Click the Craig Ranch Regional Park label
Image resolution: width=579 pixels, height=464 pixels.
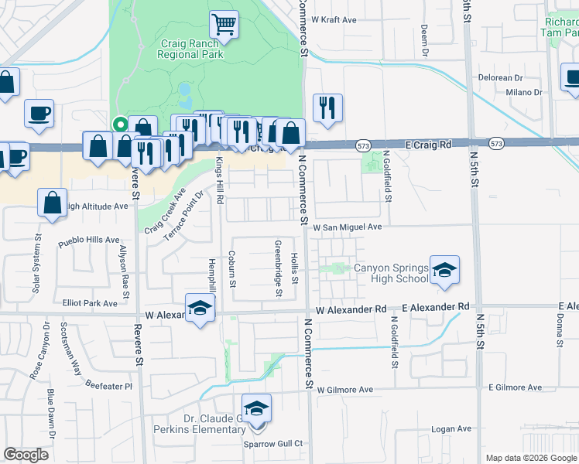(x=190, y=49)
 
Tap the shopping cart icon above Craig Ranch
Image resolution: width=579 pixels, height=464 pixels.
(x=224, y=24)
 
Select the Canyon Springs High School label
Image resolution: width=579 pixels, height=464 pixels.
(x=390, y=274)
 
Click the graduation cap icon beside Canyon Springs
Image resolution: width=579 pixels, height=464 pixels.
(x=444, y=271)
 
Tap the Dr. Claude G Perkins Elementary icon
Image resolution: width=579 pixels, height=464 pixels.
(x=257, y=408)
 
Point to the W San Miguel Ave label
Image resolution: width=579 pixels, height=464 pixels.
(x=348, y=227)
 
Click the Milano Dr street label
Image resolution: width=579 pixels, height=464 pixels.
(x=524, y=93)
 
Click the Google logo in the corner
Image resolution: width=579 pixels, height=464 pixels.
(x=26, y=455)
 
